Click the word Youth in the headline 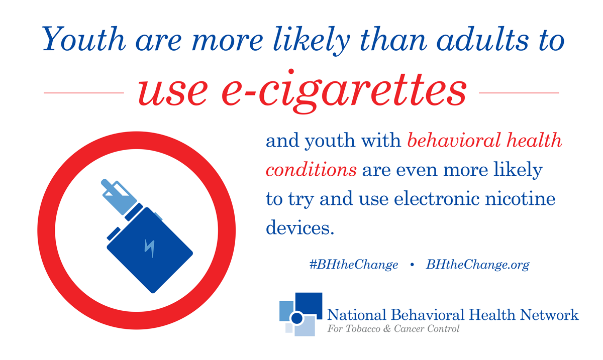point(84,39)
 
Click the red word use point(173,93)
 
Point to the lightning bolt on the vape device point(149,248)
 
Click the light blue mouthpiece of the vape point(119,196)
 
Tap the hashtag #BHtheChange point(354,265)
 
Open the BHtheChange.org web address point(477,265)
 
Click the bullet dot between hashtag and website point(412,265)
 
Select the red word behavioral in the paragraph point(454,140)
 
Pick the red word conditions point(311,170)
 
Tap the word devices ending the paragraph point(300,227)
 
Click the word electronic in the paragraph point(437,198)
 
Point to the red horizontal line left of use point(84,93)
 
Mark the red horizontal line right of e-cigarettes point(519,93)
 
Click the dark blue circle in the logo point(297,318)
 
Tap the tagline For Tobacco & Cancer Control point(393,329)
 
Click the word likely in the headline point(312,41)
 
